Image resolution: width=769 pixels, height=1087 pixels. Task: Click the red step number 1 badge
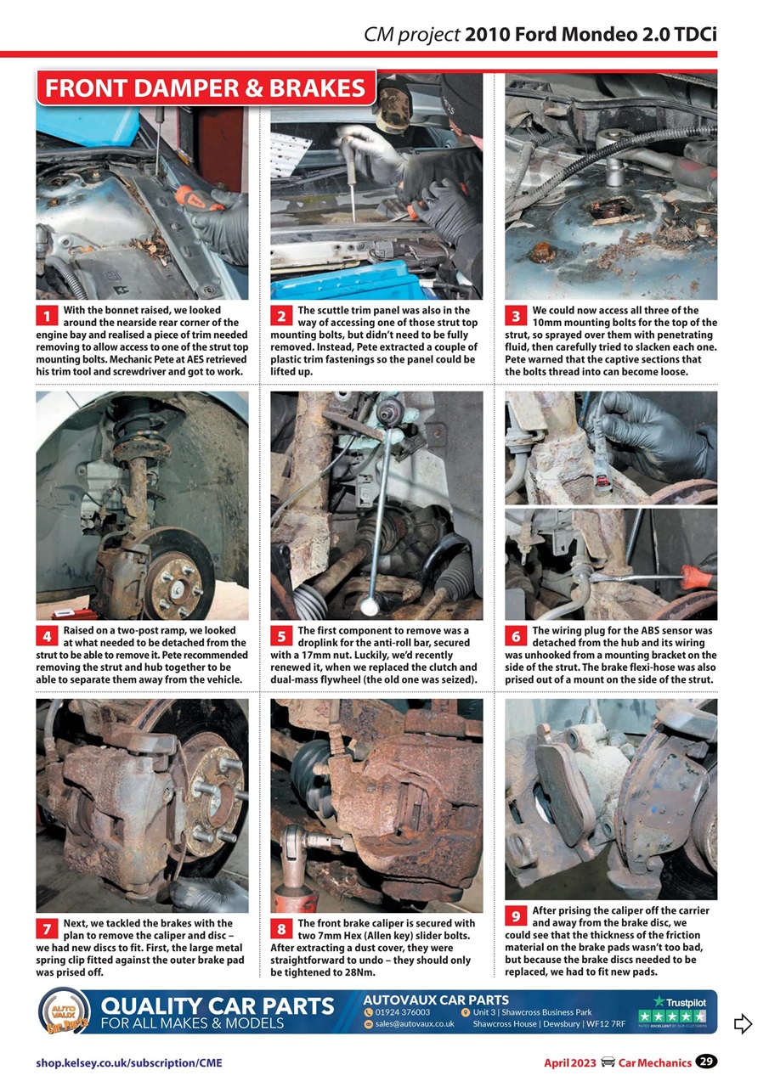[x=47, y=317]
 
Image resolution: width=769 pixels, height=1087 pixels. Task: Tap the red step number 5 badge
[x=281, y=637]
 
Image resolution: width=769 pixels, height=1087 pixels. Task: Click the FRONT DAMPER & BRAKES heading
[x=205, y=88]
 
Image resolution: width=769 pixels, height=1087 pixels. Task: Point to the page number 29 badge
[x=705, y=1062]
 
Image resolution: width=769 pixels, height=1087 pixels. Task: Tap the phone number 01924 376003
[x=403, y=1012]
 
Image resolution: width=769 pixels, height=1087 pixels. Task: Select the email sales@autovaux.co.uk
[x=414, y=1024]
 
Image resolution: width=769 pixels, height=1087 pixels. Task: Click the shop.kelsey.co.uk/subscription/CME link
[x=129, y=1062]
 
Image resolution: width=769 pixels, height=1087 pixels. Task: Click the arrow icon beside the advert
[x=742, y=1023]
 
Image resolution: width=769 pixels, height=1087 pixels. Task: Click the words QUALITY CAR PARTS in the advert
[x=218, y=1006]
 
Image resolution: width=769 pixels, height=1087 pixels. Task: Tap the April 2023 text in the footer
[x=570, y=1062]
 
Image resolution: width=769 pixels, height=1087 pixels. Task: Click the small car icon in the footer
[x=608, y=1062]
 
